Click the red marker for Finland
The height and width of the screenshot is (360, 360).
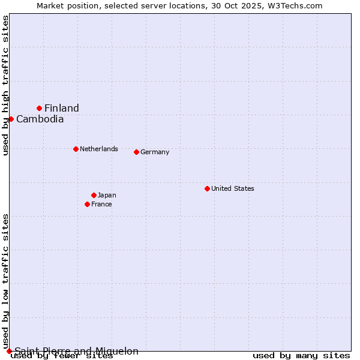pyautogui.click(x=40, y=108)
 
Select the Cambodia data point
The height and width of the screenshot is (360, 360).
pyautogui.click(x=11, y=119)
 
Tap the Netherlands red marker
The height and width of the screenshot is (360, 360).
pyautogui.click(x=76, y=149)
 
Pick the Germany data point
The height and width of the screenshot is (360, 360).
pyautogui.click(x=136, y=152)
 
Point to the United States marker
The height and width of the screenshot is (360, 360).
pyautogui.click(x=207, y=188)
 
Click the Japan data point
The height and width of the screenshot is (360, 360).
pyautogui.click(x=94, y=195)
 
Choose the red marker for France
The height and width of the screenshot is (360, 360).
pyautogui.click(x=87, y=204)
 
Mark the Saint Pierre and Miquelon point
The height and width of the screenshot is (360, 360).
pyautogui.click(x=9, y=351)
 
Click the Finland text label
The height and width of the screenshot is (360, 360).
pyautogui.click(x=62, y=108)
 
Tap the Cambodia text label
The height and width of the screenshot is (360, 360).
pyautogui.click(x=40, y=119)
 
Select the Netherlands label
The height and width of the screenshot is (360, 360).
pyautogui.click(x=99, y=149)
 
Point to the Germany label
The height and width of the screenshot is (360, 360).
pyautogui.click(x=155, y=152)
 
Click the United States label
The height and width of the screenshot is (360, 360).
pyautogui.click(x=233, y=188)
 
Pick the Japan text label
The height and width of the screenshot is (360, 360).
pyautogui.click(x=107, y=195)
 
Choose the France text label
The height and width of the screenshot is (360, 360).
pyautogui.click(x=101, y=204)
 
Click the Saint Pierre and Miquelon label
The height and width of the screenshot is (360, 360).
pyautogui.click(x=76, y=351)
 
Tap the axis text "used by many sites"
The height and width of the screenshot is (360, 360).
pyautogui.click(x=301, y=356)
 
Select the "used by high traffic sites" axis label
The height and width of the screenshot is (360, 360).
pyautogui.click(x=5, y=85)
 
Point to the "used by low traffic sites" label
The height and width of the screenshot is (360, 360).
pyautogui.click(x=5, y=281)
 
